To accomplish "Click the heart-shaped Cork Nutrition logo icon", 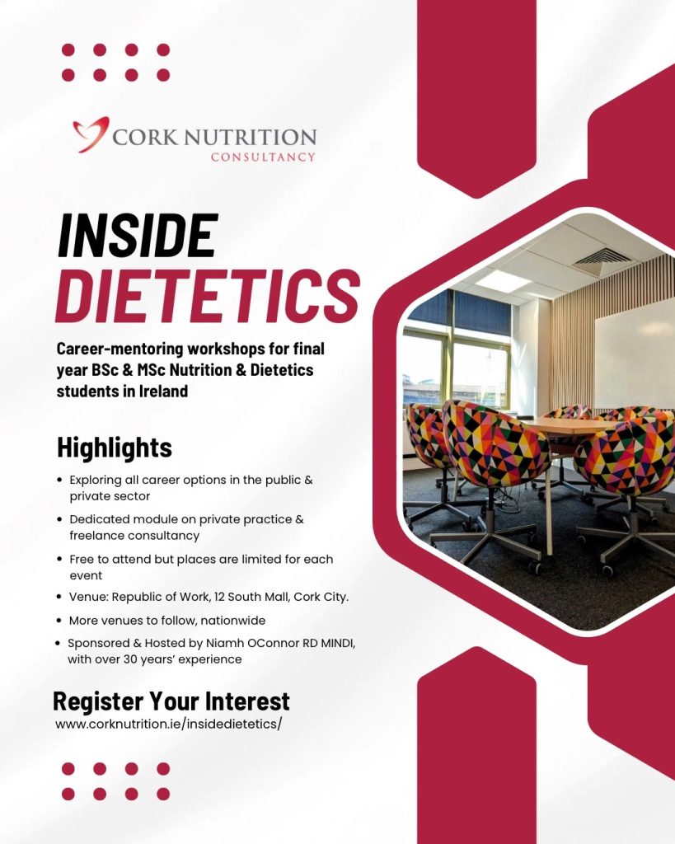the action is (x=91, y=134).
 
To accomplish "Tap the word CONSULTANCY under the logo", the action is (x=263, y=157).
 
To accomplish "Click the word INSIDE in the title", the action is (x=138, y=235).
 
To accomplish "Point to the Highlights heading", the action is (x=115, y=448).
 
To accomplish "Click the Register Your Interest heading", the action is (x=171, y=701).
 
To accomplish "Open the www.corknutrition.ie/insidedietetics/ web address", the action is (x=168, y=724).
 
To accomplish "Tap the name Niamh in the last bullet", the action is (x=223, y=643).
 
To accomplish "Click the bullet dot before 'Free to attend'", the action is (x=59, y=560).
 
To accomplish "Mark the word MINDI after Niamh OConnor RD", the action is (x=338, y=643).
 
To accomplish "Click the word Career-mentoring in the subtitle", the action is (x=120, y=349).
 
